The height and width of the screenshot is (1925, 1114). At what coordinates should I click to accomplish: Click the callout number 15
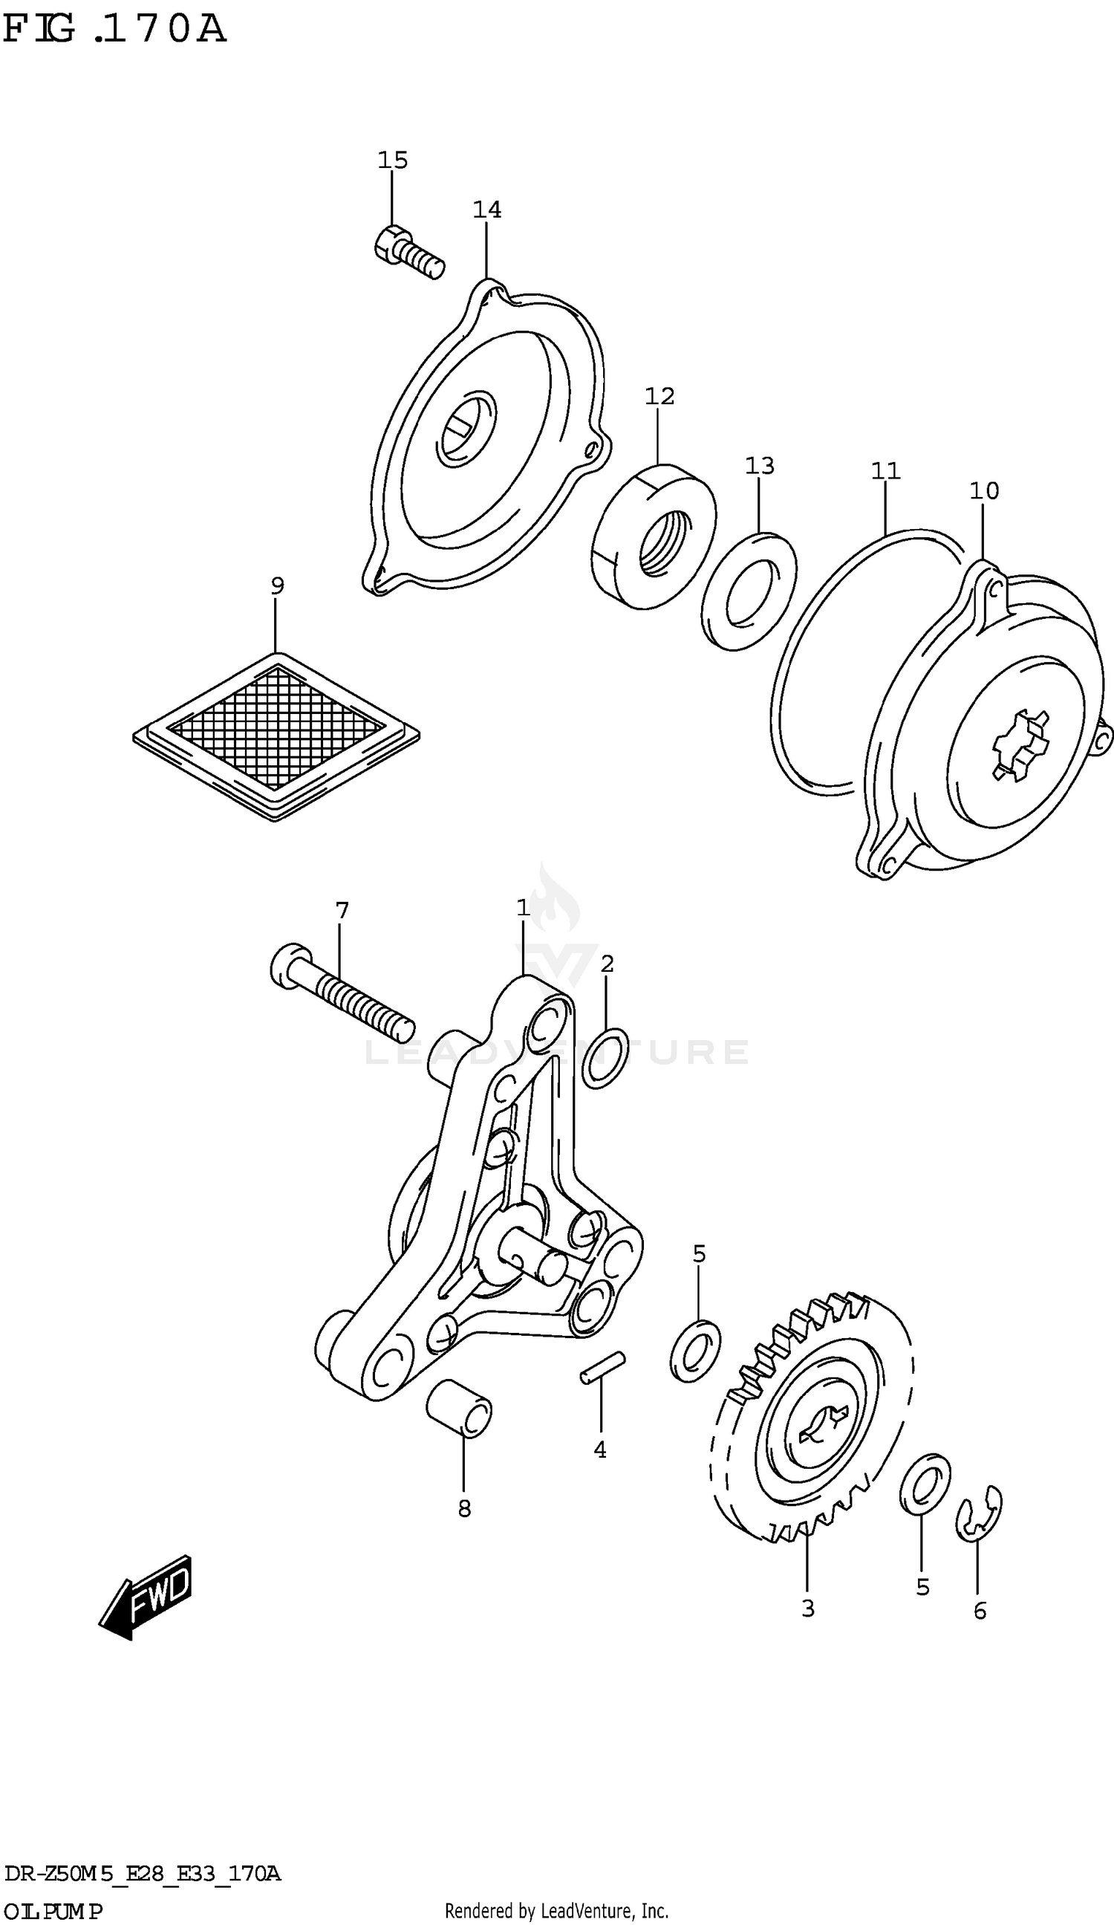click(x=392, y=160)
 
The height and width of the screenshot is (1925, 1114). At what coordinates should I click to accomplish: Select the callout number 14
click(x=486, y=210)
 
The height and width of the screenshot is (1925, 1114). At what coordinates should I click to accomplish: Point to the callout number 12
click(x=659, y=396)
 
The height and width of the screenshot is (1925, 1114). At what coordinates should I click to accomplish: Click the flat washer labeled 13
click(x=749, y=593)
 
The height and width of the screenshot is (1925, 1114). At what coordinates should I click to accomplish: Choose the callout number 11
click(x=886, y=470)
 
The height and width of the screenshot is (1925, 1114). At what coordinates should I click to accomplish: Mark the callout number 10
click(x=984, y=490)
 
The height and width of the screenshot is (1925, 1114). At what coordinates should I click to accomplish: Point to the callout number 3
click(x=808, y=1608)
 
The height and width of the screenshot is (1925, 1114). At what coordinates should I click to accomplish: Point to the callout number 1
click(x=523, y=908)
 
